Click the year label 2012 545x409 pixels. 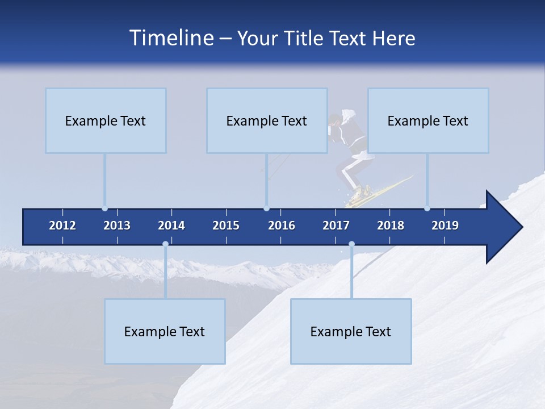coord(62,226)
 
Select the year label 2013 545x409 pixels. coord(117,226)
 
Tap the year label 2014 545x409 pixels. coord(171,226)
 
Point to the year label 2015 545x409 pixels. coord(226,226)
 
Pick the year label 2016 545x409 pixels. coord(282,226)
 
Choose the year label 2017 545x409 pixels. coord(336,226)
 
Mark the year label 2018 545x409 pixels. coord(391,226)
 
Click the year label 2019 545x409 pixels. coord(445,226)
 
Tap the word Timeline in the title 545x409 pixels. coord(170,38)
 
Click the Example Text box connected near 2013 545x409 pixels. coord(106,120)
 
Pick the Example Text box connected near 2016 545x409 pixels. coord(267,120)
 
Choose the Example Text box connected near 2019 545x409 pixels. coord(428,120)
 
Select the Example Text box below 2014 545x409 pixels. coord(165,331)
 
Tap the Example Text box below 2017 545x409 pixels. coord(351,331)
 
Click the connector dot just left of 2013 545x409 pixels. coord(104,208)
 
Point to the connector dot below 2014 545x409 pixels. coord(165,244)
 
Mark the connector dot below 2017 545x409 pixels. coord(351,244)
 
